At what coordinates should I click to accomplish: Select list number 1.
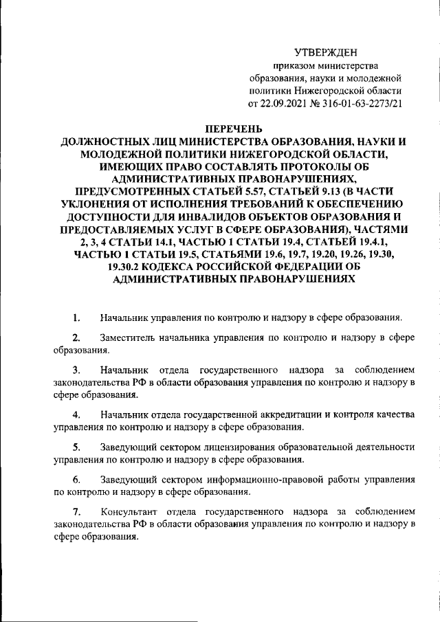pos(77,318)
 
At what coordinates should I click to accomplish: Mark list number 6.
pos(77,480)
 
